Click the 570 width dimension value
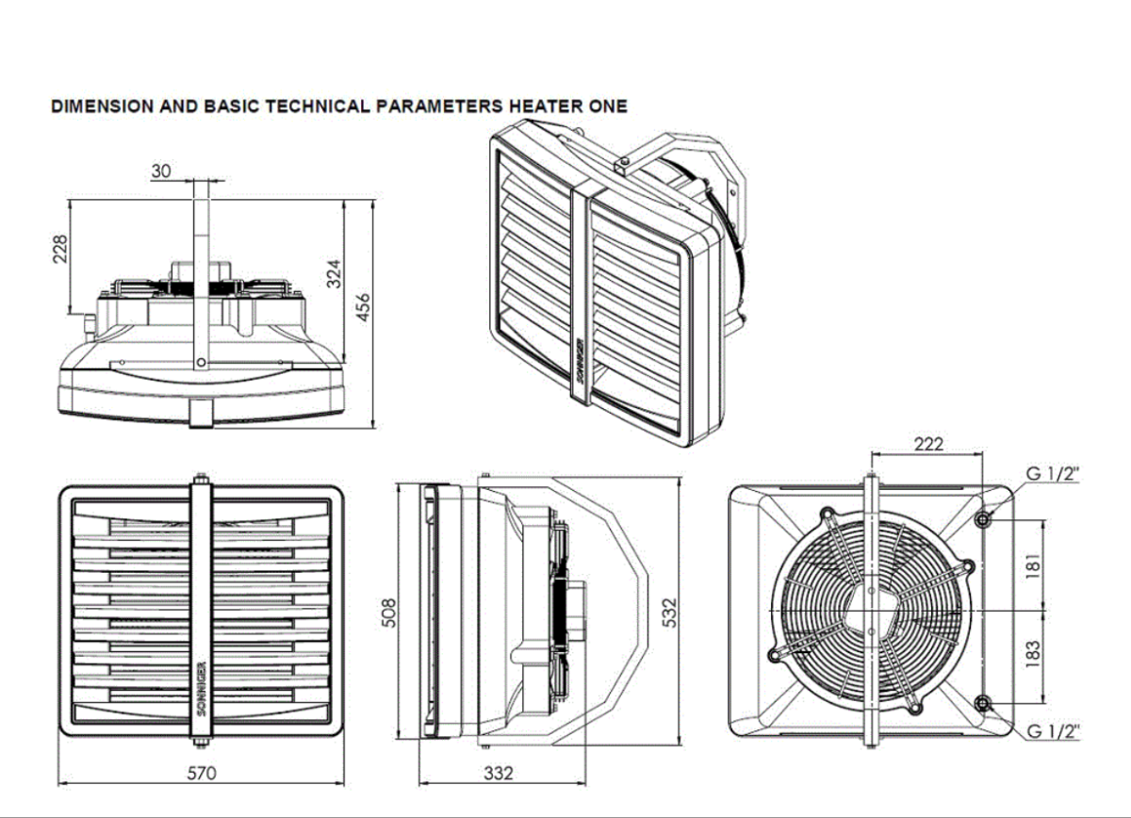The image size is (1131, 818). pyautogui.click(x=201, y=773)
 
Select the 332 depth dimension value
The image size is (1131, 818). pyautogui.click(x=499, y=773)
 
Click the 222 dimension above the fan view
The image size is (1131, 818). pyautogui.click(x=928, y=444)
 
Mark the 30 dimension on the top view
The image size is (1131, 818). pyautogui.click(x=161, y=171)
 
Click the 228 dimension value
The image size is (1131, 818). pyautogui.click(x=60, y=250)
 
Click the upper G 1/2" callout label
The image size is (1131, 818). pyautogui.click(x=1052, y=474)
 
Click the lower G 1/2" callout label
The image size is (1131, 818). pyautogui.click(x=1052, y=731)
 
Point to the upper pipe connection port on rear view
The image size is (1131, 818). pyautogui.click(x=984, y=518)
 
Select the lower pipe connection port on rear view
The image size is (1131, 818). pyautogui.click(x=984, y=703)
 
